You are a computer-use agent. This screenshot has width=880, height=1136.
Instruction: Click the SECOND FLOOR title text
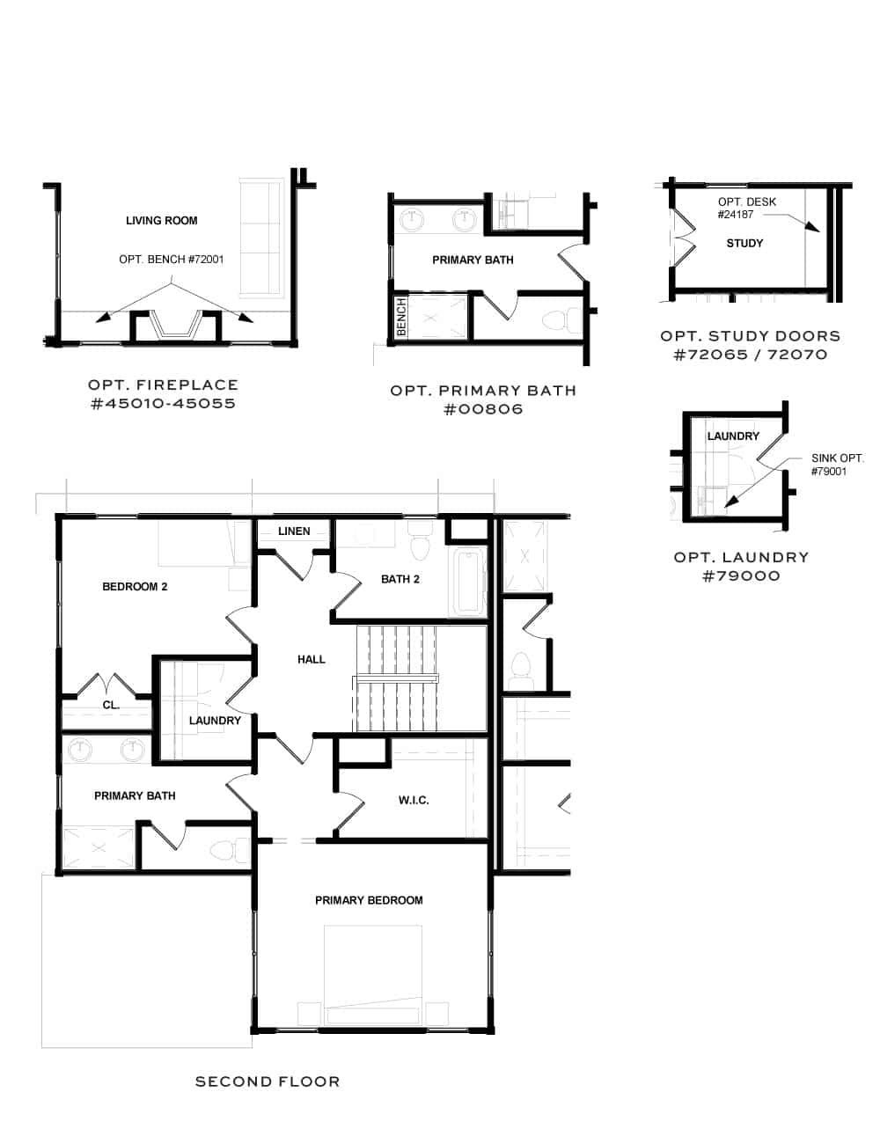pos(267,1081)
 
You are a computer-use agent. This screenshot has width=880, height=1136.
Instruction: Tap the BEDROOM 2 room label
pos(135,587)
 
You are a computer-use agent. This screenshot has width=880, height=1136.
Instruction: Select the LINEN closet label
pos(294,531)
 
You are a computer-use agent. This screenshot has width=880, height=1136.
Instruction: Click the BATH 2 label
pos(400,579)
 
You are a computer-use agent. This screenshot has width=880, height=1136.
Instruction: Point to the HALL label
pos(312,659)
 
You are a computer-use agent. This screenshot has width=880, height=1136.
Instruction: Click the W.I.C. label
pos(414,801)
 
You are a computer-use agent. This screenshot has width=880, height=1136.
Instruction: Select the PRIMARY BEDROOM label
pos(369,900)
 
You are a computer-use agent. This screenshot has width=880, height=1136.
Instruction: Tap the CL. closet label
pos(111,706)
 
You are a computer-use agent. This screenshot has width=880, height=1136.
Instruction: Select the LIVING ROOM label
pos(161,221)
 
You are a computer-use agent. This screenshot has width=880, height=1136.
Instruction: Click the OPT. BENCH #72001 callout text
pos(172,260)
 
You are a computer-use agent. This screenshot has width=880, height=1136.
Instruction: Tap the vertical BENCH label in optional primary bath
pos(401,317)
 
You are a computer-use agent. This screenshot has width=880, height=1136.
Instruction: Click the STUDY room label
pos(744,243)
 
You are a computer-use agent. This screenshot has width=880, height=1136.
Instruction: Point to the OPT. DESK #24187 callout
pos(746,208)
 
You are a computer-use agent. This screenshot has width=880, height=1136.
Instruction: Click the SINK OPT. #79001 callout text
pos(837,465)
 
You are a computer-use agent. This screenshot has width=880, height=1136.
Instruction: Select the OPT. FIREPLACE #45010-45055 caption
pos(163,394)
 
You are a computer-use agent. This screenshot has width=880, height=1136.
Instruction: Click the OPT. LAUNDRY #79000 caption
pos(741,566)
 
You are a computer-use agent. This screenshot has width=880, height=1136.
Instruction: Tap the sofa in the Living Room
pos(260,236)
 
